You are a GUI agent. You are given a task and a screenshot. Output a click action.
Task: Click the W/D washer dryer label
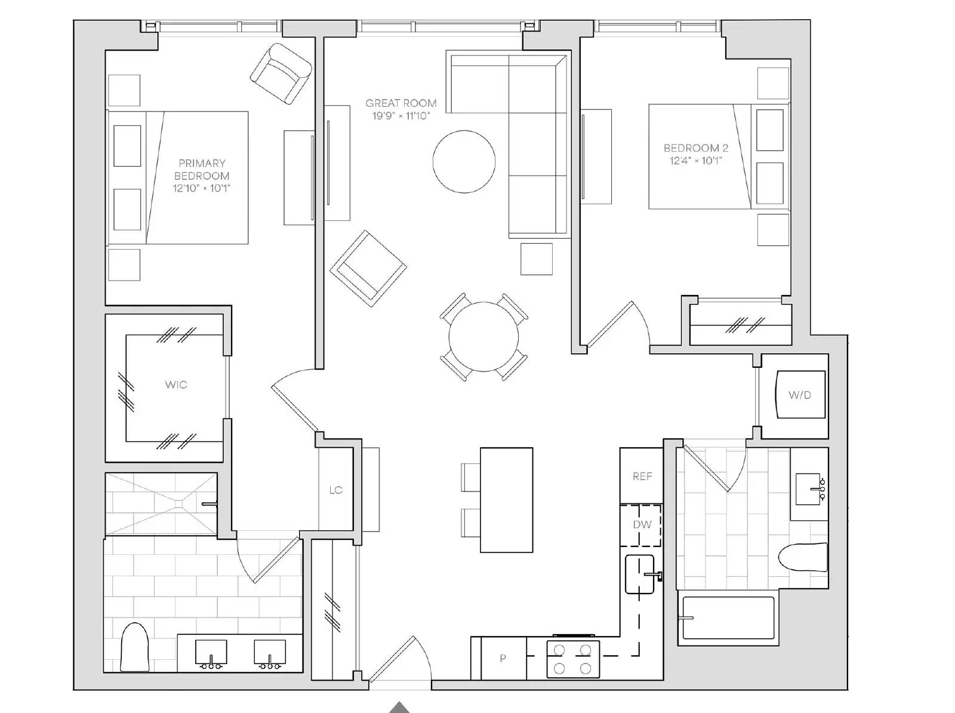click(800, 395)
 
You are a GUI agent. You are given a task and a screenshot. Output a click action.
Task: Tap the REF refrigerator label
click(642, 476)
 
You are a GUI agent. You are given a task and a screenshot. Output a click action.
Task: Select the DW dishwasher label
click(642, 524)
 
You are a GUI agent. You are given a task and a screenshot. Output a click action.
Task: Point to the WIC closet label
click(175, 385)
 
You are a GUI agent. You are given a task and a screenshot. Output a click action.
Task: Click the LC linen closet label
click(336, 490)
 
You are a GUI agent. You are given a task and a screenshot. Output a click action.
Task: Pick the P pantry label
click(503, 658)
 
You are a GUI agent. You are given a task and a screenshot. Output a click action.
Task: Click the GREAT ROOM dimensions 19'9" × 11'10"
click(401, 116)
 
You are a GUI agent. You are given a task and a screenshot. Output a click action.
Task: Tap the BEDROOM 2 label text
click(696, 148)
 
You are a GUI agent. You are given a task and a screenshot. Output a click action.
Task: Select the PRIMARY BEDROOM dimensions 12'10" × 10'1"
click(201, 188)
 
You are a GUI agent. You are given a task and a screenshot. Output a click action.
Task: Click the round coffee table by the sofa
click(464, 161)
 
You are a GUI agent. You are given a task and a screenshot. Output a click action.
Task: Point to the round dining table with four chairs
click(483, 337)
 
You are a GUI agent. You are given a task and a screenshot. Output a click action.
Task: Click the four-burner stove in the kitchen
click(572, 659)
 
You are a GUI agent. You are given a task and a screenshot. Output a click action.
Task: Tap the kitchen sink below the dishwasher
click(640, 574)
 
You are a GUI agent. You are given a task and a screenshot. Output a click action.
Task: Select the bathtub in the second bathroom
click(728, 617)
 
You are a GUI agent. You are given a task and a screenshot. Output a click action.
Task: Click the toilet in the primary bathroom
click(134, 647)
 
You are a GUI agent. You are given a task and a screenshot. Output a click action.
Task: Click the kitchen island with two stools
click(506, 500)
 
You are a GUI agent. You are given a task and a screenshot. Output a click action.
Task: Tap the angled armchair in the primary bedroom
click(281, 73)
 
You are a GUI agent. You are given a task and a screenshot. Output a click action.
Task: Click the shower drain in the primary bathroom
click(179, 504)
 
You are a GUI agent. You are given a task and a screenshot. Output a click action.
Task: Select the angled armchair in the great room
click(368, 269)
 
